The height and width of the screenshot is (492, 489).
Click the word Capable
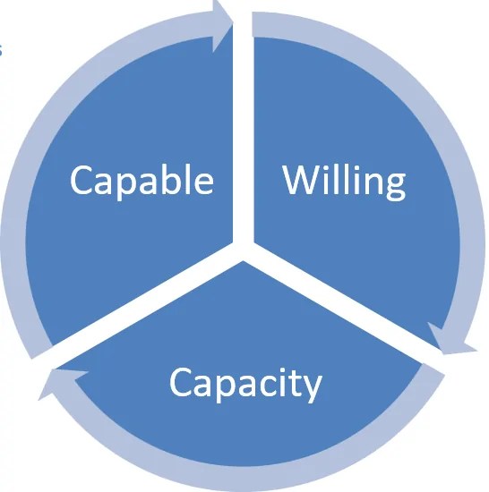click(x=142, y=181)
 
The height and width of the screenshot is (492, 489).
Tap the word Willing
click(x=345, y=181)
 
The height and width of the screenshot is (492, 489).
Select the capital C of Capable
click(x=81, y=181)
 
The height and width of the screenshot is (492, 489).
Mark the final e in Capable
click(x=203, y=183)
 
